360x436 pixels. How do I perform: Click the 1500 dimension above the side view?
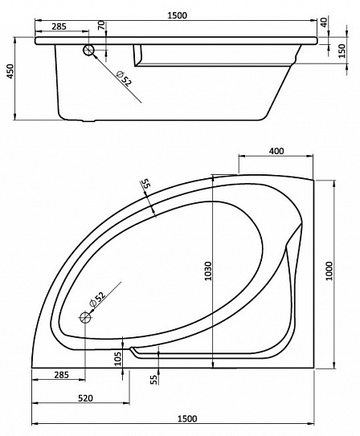(177, 15)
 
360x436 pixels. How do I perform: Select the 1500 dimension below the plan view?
(187, 418)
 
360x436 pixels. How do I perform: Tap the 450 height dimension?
(10, 71)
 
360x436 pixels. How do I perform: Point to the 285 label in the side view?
(59, 26)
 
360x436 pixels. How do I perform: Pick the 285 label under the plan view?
(62, 375)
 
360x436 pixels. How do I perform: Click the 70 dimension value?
(102, 26)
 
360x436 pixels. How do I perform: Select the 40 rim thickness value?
(324, 22)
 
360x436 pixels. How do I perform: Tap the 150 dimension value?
(342, 51)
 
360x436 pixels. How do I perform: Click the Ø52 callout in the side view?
(124, 79)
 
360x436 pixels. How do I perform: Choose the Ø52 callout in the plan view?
(96, 299)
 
